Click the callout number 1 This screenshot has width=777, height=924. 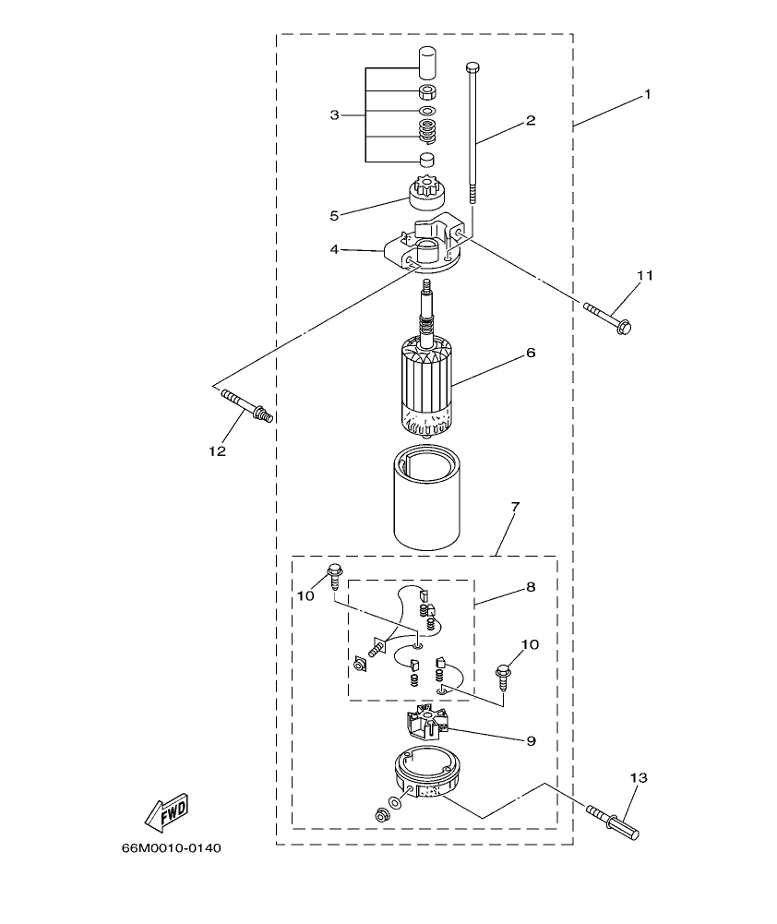647,94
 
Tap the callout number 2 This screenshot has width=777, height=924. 531,121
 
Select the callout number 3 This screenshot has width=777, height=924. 334,115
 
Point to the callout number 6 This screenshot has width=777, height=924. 531,353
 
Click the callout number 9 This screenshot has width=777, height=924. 531,740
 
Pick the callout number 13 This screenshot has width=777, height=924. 640,778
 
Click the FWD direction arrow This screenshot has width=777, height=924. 167,811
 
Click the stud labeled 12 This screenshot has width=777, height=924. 246,406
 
